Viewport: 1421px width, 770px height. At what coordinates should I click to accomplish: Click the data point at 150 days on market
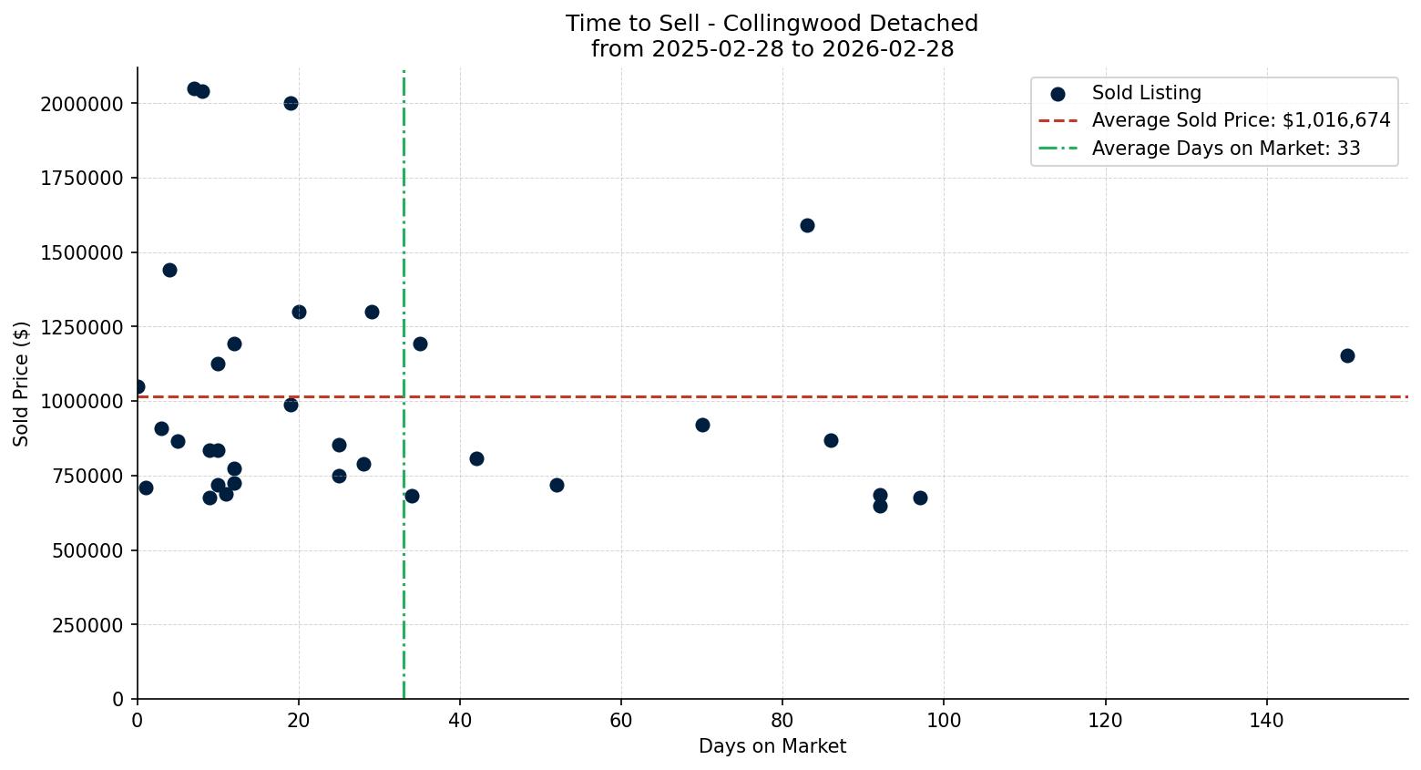(x=1347, y=355)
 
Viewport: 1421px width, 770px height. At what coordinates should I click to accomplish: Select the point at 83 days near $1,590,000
(x=807, y=225)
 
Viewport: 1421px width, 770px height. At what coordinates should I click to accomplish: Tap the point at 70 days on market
(x=702, y=425)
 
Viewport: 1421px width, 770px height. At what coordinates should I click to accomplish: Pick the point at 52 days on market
(x=557, y=485)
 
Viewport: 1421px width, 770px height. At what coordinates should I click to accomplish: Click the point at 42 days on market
(x=476, y=458)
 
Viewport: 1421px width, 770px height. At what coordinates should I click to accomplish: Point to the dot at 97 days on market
(x=920, y=498)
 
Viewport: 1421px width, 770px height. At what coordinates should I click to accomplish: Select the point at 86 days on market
(x=831, y=440)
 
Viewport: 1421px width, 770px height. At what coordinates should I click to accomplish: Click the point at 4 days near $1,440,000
(x=169, y=270)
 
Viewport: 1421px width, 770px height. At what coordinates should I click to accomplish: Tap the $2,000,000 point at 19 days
(x=291, y=103)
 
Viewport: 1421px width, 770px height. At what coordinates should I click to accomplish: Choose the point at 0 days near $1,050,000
(x=138, y=386)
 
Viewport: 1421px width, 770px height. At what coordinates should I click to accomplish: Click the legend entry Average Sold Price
(x=1241, y=120)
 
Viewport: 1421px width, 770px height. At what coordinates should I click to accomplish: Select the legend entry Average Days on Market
(x=1225, y=148)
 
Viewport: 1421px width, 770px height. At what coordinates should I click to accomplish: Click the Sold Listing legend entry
(x=1146, y=93)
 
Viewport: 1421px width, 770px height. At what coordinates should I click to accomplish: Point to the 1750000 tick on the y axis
(x=82, y=178)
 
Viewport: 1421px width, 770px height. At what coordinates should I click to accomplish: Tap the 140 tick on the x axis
(x=1266, y=721)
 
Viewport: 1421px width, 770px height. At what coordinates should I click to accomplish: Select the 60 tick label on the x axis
(x=621, y=721)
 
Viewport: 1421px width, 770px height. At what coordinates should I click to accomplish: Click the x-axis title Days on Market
(x=772, y=746)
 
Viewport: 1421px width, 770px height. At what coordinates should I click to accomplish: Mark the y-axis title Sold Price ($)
(x=22, y=384)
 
